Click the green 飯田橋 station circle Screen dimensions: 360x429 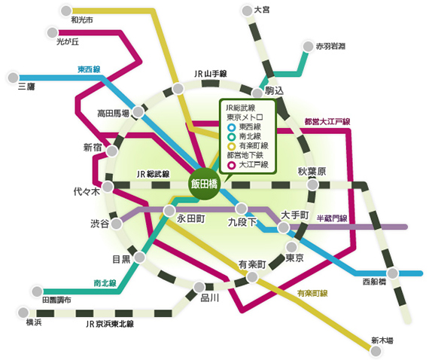point(203,184)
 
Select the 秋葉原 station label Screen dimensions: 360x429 point(312,172)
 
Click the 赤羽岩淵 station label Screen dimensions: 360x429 point(330,46)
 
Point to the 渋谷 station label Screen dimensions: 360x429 point(99,224)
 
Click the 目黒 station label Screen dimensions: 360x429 point(121,259)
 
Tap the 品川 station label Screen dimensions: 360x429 point(209,298)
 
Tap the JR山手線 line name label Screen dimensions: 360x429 point(210,74)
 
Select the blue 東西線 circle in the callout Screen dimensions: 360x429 point(231,127)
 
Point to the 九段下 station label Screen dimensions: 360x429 point(242,223)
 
